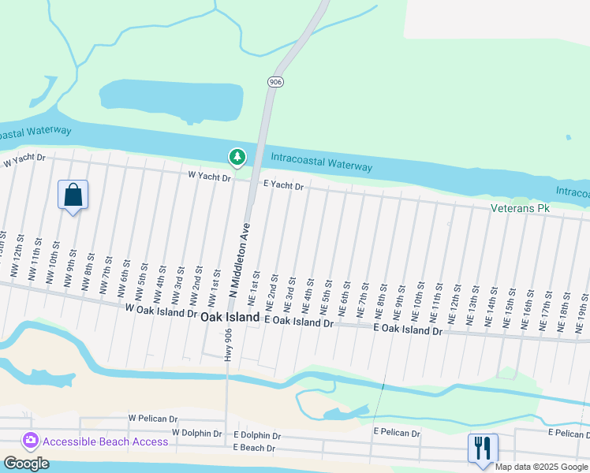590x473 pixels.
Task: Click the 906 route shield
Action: tap(274, 82)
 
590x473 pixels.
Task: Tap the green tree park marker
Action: tap(237, 158)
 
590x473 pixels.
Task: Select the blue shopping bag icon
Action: tap(73, 195)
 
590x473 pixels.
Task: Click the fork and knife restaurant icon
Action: tap(483, 449)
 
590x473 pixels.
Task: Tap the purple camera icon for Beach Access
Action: tap(31, 441)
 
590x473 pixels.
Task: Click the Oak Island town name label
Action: tap(230, 317)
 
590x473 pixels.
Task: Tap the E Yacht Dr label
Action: tap(283, 184)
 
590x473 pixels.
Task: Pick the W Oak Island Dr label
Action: tap(161, 312)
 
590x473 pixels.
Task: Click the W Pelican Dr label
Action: tap(155, 418)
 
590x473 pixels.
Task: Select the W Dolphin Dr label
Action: tap(201, 433)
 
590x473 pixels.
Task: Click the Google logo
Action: tap(27, 464)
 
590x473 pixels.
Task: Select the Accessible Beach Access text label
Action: tap(105, 441)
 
